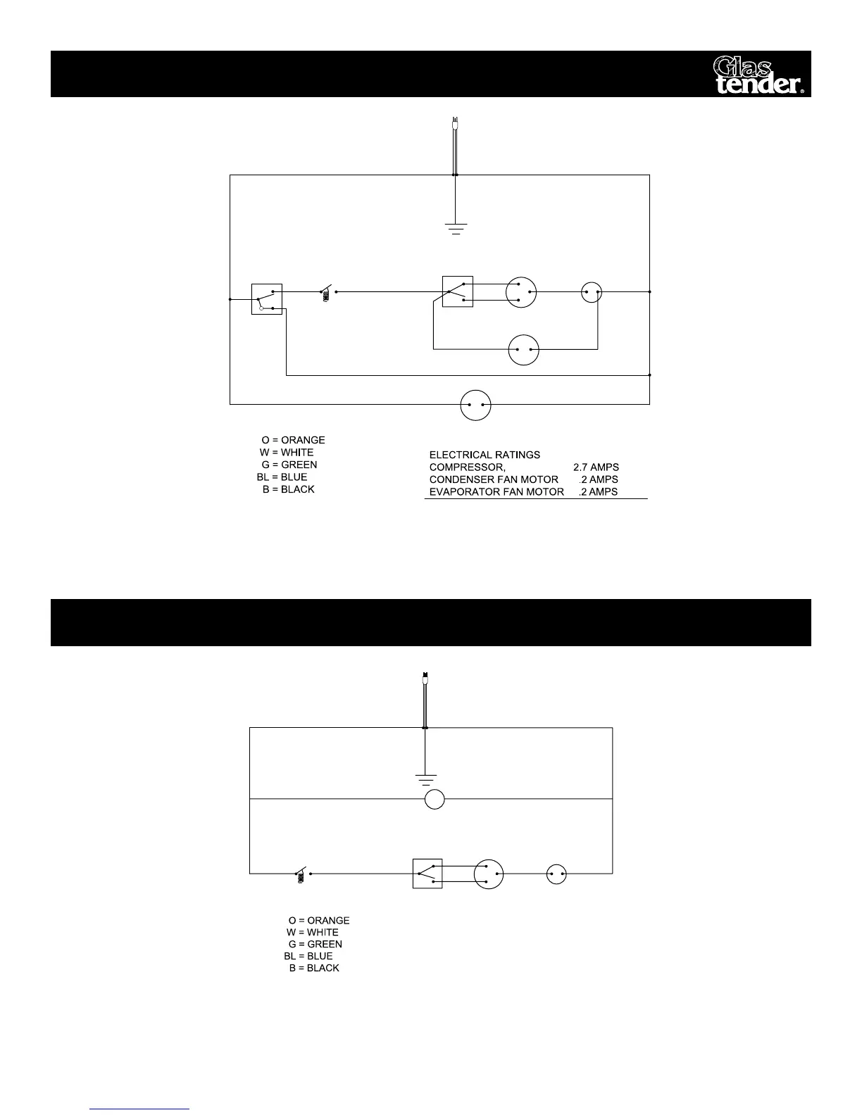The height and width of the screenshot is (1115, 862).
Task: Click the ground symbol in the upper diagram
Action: point(456,228)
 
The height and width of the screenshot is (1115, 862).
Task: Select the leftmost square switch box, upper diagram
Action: point(267,299)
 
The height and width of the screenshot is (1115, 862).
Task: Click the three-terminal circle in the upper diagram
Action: point(521,292)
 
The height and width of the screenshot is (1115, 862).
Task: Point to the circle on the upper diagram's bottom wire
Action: point(475,405)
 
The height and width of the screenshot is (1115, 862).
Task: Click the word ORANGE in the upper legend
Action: point(303,440)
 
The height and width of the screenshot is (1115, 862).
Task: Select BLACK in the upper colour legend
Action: point(297,489)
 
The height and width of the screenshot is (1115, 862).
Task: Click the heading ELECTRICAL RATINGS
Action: point(485,455)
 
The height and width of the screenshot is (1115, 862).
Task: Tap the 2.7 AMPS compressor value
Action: point(596,467)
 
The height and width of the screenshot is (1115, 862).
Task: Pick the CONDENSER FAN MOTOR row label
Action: point(494,479)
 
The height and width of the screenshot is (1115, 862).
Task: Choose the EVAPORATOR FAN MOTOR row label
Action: point(496,492)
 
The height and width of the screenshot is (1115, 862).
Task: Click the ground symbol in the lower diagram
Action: point(425,779)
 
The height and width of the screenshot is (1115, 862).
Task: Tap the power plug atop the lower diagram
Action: point(424,680)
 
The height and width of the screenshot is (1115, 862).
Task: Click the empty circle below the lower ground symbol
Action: point(435,800)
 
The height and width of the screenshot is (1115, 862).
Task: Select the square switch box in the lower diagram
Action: point(427,874)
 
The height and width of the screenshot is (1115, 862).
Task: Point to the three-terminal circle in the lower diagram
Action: point(489,874)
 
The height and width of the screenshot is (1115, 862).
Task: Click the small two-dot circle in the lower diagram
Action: point(556,874)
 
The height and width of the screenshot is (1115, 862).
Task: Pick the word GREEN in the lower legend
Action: point(325,944)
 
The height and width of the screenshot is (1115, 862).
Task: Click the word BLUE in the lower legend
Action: point(320,956)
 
